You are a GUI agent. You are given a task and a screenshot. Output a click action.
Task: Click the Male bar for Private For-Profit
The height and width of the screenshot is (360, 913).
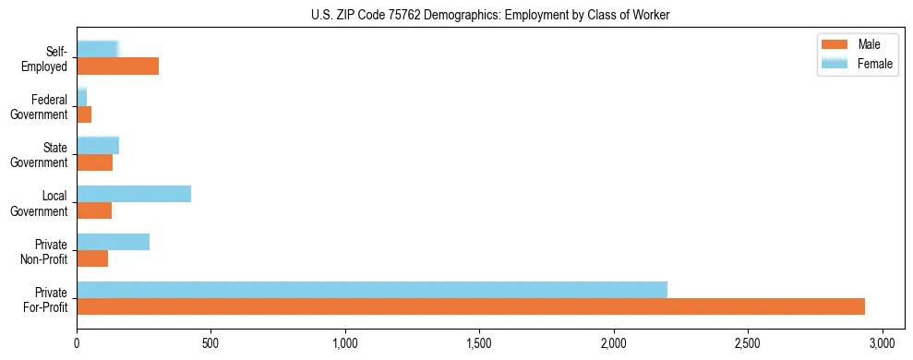pos(471,306)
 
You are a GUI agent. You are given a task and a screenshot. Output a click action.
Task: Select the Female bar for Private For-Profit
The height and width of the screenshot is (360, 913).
pos(372,290)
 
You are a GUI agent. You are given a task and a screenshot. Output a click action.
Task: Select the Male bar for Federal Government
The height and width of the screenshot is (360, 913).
pos(84,114)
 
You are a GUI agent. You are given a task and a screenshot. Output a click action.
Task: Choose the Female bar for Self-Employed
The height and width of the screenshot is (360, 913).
pos(97,49)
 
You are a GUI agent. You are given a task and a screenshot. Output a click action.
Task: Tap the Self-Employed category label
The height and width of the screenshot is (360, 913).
pos(45,59)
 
